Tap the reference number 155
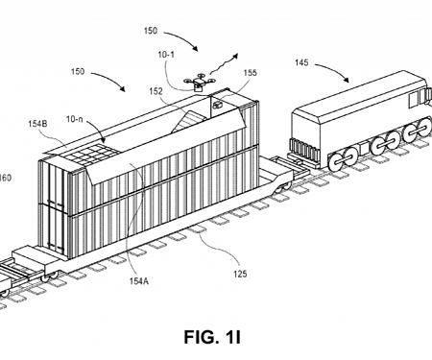point(251,70)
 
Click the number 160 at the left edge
point(6,177)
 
